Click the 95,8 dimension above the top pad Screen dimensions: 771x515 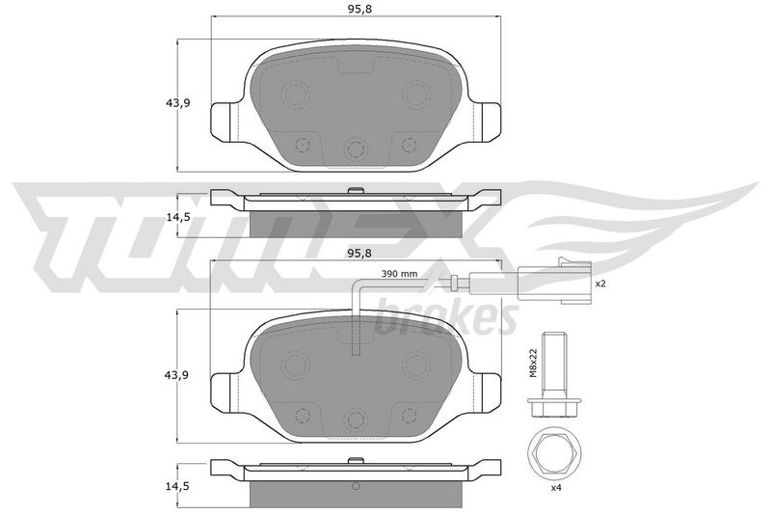[359, 9]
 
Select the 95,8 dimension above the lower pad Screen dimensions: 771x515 [359, 254]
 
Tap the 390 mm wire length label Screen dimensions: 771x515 [399, 274]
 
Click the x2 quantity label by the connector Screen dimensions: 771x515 [599, 284]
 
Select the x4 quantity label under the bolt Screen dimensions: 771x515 [556, 488]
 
